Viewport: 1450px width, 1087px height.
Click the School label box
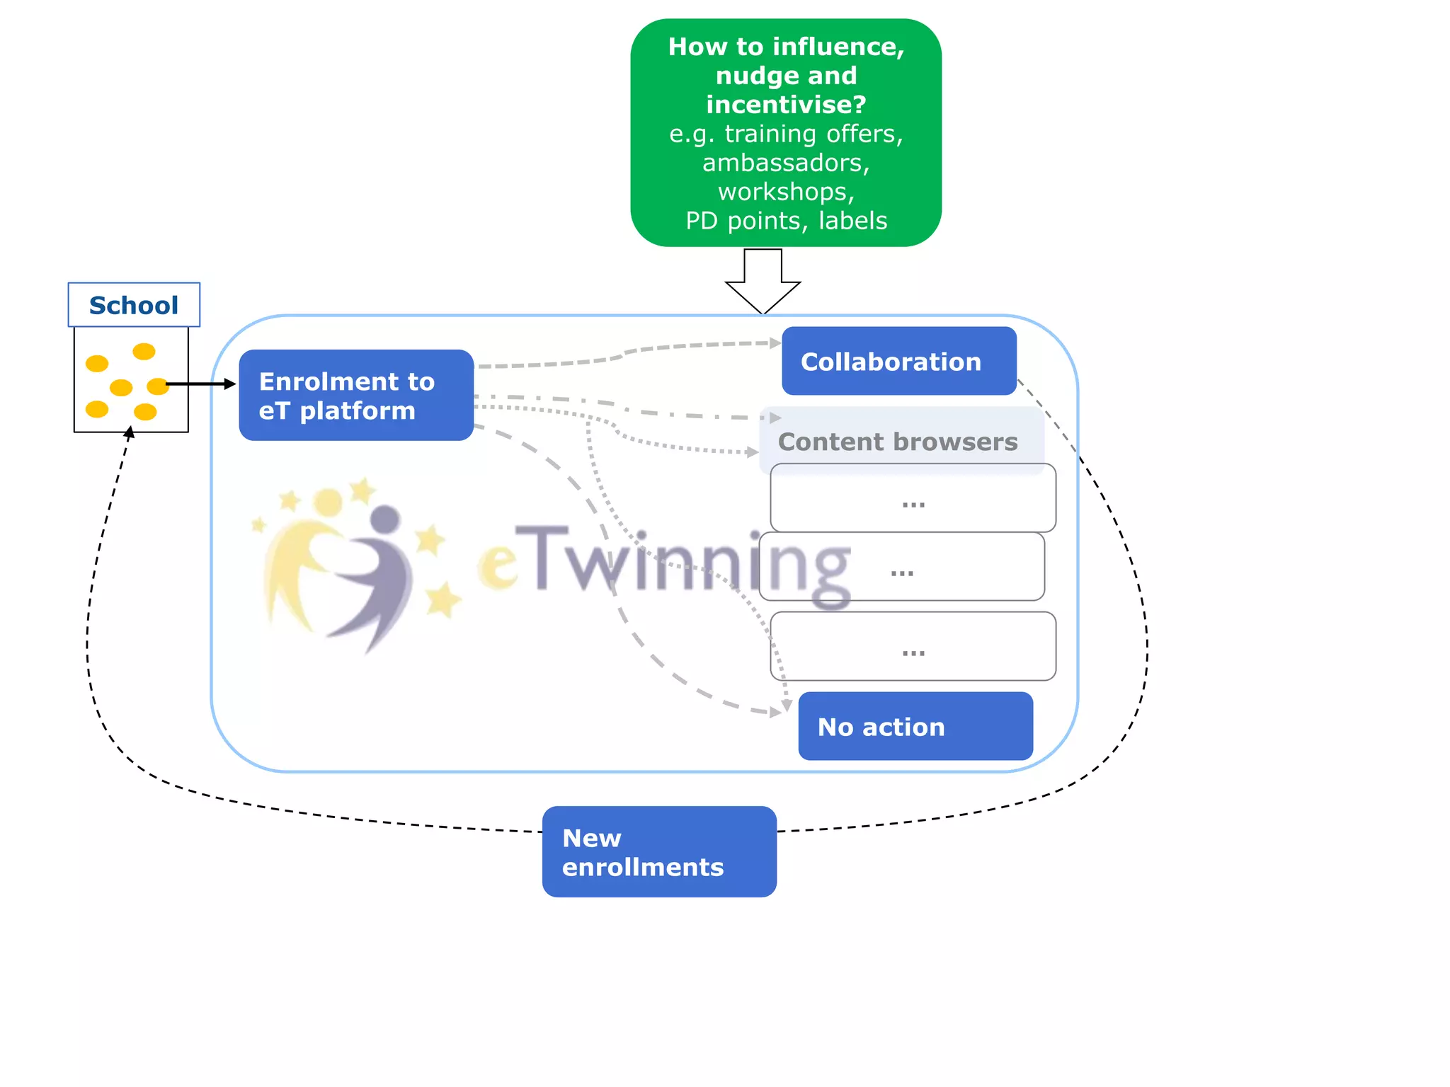pos(134,305)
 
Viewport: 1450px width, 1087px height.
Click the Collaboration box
pos(898,361)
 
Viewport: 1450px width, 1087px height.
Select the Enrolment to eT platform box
pos(356,395)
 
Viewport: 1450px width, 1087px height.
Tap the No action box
pos(915,726)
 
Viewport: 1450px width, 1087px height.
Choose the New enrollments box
pos(658,851)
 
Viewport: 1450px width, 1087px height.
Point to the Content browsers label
pos(897,442)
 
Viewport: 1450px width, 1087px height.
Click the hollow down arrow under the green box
pos(763,282)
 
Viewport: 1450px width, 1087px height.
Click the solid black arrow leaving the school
pos(202,384)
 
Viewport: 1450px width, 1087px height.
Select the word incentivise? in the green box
pos(786,105)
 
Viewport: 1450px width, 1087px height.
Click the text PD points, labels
pos(786,221)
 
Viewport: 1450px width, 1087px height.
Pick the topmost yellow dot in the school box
pos(144,351)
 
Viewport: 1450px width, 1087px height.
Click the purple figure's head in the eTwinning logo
pos(385,519)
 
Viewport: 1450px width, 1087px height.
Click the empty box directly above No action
pos(913,645)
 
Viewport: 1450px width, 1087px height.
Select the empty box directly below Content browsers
pos(913,498)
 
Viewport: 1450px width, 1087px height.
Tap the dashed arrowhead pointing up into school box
pos(130,431)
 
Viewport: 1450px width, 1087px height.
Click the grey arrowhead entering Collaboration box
pos(775,343)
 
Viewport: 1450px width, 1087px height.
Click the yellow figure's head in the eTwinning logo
pos(328,502)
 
